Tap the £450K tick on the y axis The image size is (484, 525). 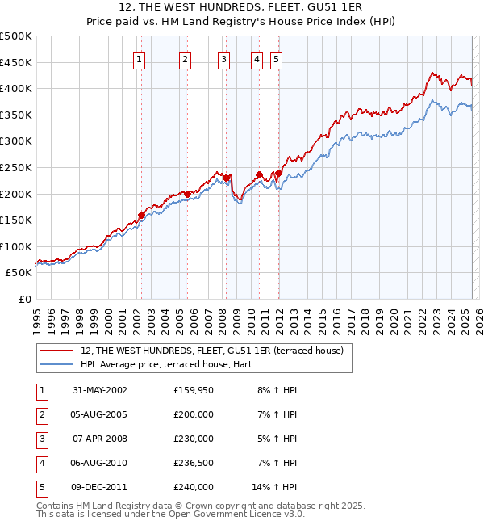coord(16,62)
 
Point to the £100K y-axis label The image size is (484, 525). coord(16,246)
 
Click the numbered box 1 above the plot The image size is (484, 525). coord(140,58)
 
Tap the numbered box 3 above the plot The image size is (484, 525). coord(223,58)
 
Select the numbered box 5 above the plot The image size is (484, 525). coord(277,58)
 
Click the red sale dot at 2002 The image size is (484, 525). coord(141,215)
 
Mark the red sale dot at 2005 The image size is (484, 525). coord(187,194)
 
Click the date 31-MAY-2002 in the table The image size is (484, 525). coord(100,390)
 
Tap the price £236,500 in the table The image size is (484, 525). coord(194,463)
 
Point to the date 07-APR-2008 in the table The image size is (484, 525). coord(100,439)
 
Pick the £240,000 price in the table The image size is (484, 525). coord(194,487)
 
